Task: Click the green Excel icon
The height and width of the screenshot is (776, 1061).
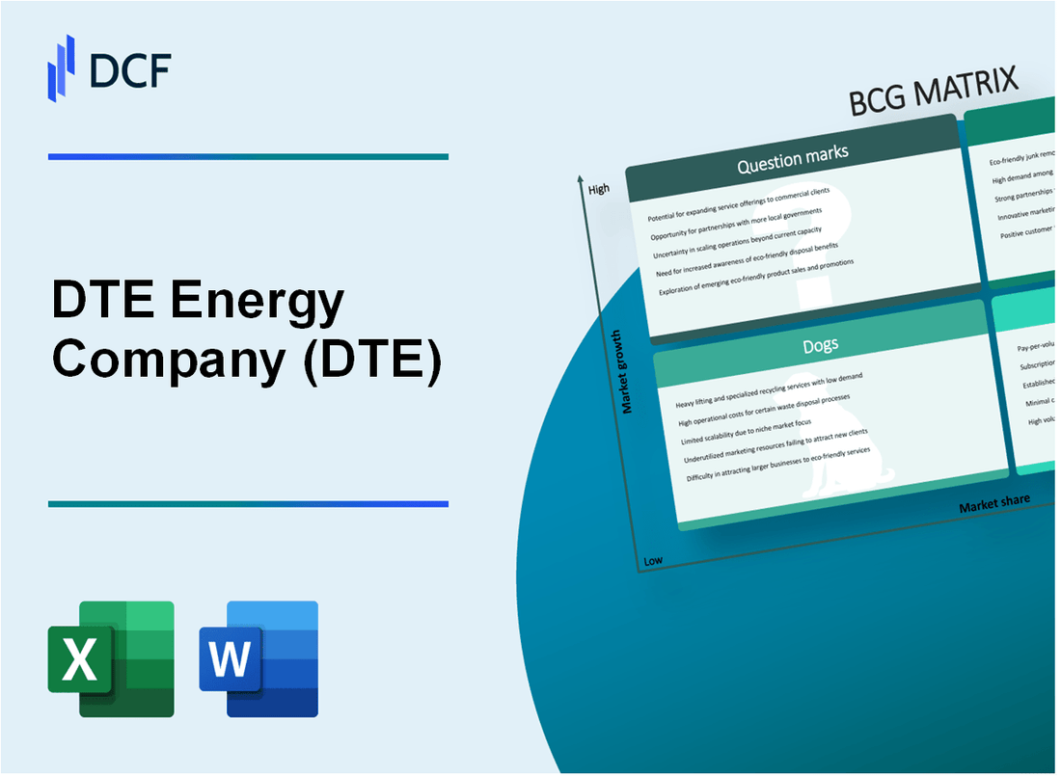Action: [x=111, y=658]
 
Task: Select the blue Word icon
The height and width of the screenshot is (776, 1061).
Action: [x=258, y=658]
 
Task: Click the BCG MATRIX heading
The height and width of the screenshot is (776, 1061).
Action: [x=934, y=92]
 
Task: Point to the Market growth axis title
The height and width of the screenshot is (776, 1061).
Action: [x=627, y=371]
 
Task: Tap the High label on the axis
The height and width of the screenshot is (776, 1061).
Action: [x=599, y=189]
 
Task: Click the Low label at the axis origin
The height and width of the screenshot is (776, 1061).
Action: [x=653, y=560]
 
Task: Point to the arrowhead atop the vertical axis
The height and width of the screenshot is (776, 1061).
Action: [x=580, y=178]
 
